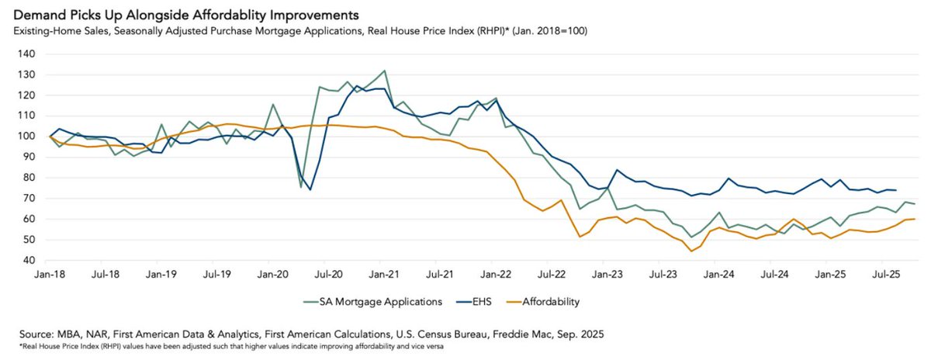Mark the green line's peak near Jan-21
click(x=385, y=71)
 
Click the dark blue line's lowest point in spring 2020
click(x=310, y=189)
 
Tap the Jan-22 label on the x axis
click(x=495, y=275)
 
